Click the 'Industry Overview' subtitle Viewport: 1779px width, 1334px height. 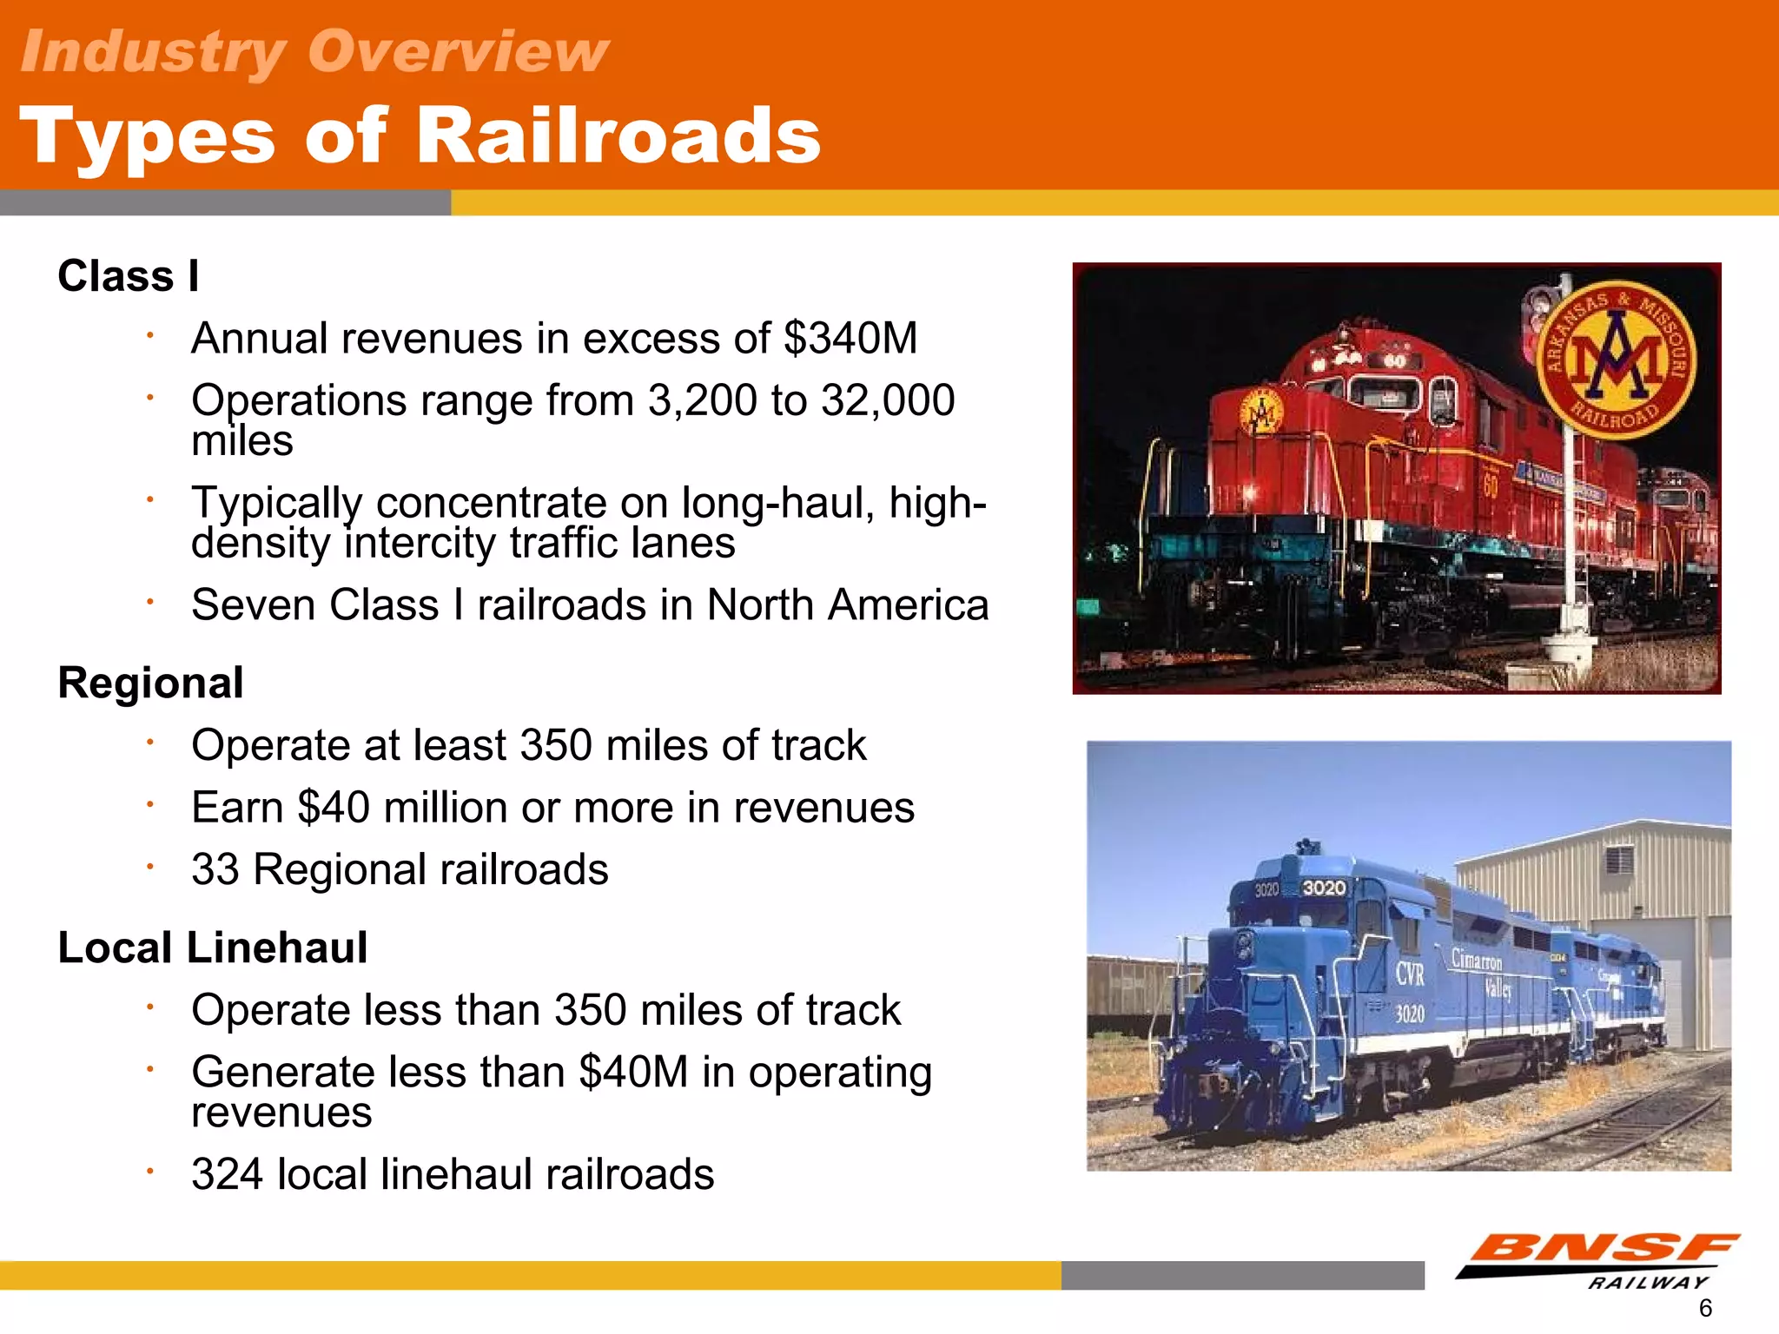314,52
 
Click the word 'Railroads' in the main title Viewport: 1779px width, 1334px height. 618,136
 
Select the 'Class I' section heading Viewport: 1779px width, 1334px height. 129,276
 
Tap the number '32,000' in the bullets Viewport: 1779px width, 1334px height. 888,400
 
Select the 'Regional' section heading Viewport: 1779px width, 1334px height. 150,683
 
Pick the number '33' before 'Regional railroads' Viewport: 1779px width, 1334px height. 215,869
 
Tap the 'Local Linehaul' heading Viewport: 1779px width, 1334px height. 213,948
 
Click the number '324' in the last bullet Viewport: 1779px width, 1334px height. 228,1174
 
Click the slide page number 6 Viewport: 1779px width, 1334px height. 1705,1308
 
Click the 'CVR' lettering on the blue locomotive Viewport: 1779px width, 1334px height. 1409,974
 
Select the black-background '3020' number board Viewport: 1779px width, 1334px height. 1323,888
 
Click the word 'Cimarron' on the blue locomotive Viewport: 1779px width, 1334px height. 1477,960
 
